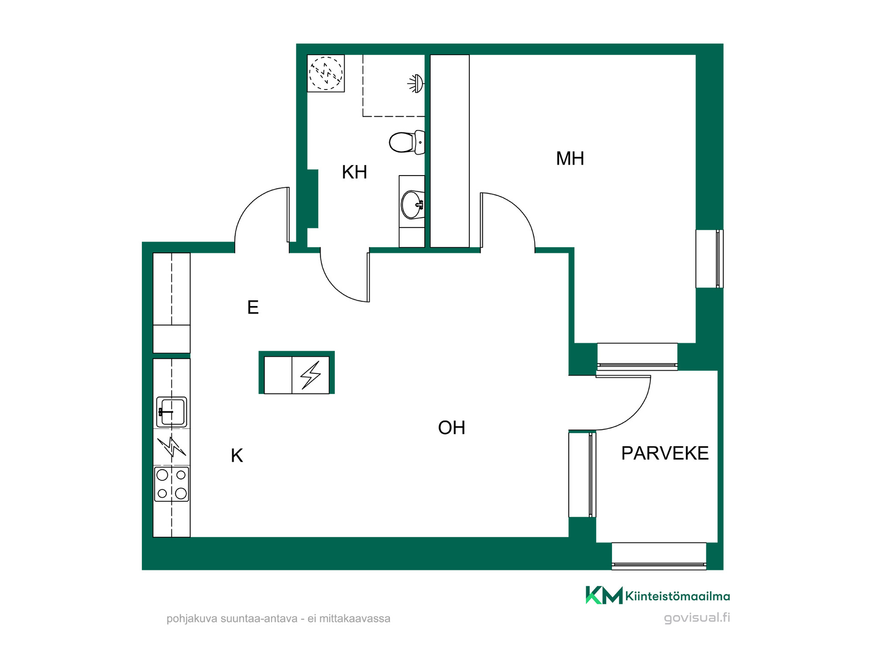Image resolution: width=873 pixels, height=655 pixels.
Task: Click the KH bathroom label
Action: (x=354, y=172)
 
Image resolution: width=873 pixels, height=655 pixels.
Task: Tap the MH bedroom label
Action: (x=570, y=159)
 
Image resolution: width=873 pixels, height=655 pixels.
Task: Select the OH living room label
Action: (x=452, y=428)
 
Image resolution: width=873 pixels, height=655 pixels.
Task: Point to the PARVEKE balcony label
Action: (x=665, y=453)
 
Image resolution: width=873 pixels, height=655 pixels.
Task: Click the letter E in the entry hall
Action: (x=253, y=307)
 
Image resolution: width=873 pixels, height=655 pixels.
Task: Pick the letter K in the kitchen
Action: (x=237, y=455)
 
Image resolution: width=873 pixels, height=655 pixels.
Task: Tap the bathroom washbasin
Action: (x=412, y=205)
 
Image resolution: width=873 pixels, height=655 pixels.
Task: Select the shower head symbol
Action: (x=416, y=84)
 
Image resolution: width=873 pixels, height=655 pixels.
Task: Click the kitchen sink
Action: (x=171, y=412)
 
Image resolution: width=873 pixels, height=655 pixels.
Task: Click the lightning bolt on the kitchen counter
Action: (x=171, y=447)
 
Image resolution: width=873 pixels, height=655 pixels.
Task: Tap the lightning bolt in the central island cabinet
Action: (x=311, y=375)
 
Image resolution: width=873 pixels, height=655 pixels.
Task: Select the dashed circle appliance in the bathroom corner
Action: (x=326, y=73)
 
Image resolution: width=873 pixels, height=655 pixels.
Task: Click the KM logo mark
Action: (x=604, y=595)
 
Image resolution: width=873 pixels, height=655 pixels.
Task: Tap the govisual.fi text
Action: (x=697, y=618)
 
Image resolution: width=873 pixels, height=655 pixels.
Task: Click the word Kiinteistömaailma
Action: (x=677, y=596)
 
